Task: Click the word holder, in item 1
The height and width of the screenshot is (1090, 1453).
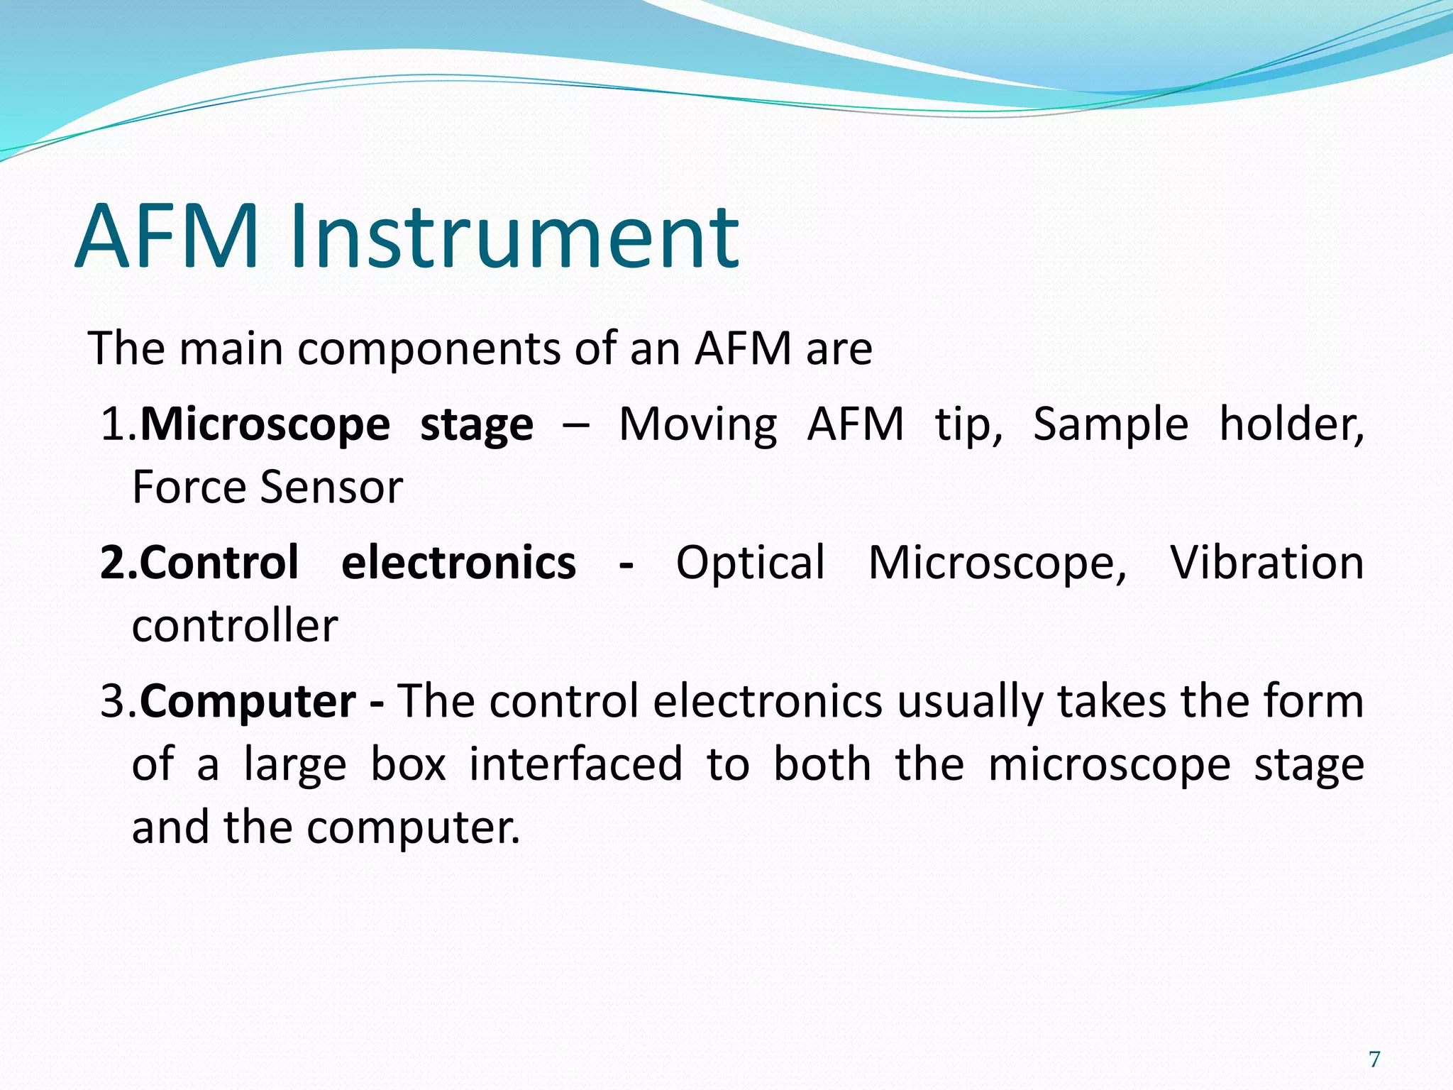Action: (1291, 424)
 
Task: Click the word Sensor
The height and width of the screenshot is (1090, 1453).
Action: (331, 488)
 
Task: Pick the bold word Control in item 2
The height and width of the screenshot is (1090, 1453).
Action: (219, 563)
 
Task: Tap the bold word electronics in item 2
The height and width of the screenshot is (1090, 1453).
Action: (458, 563)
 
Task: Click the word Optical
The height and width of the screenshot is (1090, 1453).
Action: (751, 563)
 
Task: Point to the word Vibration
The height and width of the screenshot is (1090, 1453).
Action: (1266, 563)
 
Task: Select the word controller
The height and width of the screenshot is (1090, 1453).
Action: (235, 626)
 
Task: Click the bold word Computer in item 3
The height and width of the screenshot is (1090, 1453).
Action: (248, 702)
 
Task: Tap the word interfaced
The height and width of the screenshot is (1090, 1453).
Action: (575, 764)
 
